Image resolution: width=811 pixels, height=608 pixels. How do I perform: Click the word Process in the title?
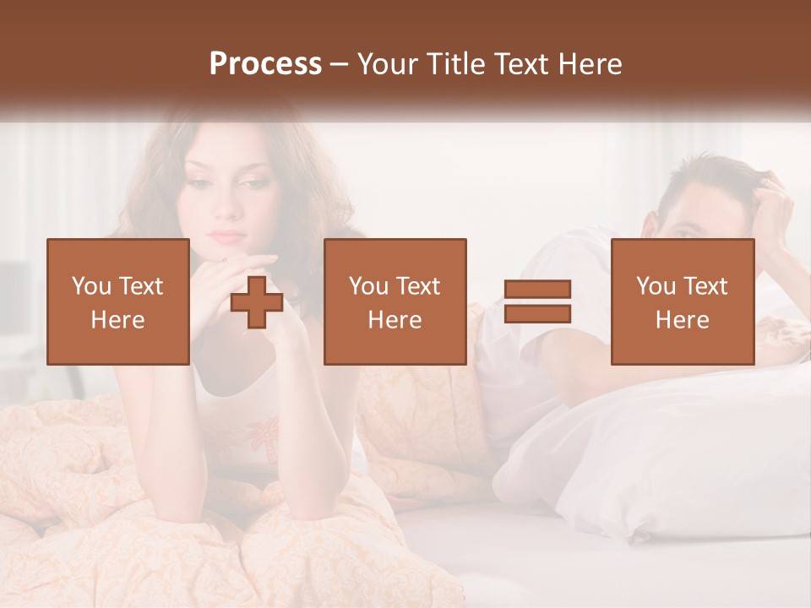tap(265, 64)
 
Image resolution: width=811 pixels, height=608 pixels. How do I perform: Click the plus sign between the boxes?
tap(257, 302)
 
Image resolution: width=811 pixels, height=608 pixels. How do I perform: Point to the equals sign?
tap(537, 301)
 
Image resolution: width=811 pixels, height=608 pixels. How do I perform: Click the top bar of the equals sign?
tap(537, 290)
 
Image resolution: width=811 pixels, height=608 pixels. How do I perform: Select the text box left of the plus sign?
tap(118, 301)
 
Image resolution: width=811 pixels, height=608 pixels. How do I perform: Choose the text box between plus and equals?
tap(395, 301)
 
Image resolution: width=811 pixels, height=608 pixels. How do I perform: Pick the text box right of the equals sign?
tap(683, 301)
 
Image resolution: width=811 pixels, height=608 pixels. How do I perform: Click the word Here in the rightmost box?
tap(683, 320)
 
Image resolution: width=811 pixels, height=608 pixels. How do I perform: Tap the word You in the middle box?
tap(368, 286)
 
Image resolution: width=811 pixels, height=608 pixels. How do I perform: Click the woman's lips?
tap(225, 234)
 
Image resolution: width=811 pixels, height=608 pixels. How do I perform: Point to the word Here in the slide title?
tap(591, 64)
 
